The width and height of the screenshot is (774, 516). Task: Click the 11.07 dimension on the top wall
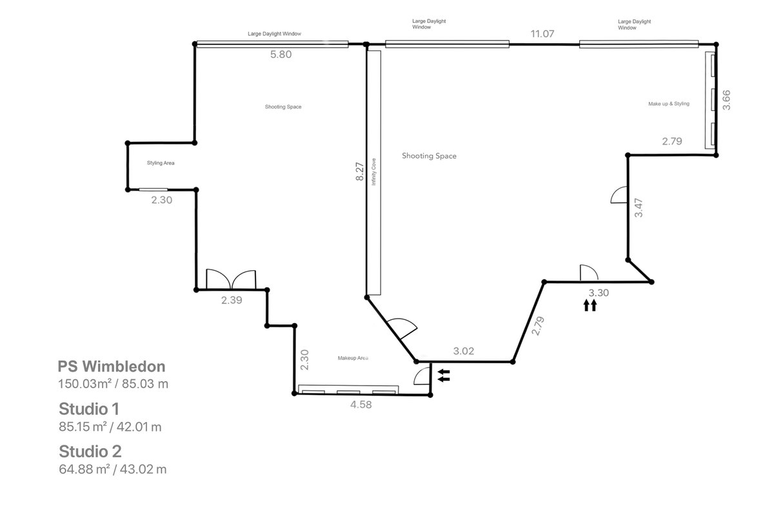coord(542,34)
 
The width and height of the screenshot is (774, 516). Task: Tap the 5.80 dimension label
coord(281,54)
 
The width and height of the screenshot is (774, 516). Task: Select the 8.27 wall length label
coord(360,172)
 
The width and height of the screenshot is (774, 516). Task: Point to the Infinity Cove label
coord(373,172)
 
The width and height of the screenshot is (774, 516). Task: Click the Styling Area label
coord(161,163)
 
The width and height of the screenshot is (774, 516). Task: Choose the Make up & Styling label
coord(669,104)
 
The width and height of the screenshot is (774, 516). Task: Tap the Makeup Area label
coord(353,358)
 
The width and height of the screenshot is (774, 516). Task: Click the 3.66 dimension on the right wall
coord(727,100)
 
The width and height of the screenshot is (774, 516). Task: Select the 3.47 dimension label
coord(639,208)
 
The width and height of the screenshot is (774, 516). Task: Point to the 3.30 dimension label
coord(599,293)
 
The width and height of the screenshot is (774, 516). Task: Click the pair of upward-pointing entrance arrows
coord(590,305)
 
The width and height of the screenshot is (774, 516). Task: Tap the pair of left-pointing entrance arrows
coord(444,375)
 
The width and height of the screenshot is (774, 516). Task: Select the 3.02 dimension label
coord(463,351)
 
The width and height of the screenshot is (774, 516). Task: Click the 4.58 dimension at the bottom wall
coord(361,404)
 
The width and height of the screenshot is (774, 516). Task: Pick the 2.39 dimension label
coord(232,300)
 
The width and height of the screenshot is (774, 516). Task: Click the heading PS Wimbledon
coord(111,366)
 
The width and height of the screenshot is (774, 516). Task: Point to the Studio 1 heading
coord(89,409)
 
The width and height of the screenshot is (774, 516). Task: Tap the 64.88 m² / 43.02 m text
coord(113,469)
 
